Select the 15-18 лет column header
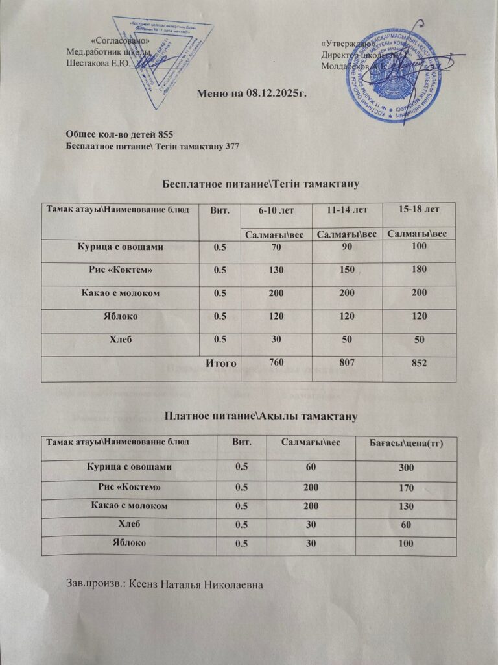coord(418,209)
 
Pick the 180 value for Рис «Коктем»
coord(418,270)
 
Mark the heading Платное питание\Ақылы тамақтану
coord(261,414)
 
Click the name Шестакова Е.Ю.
coord(99,63)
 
